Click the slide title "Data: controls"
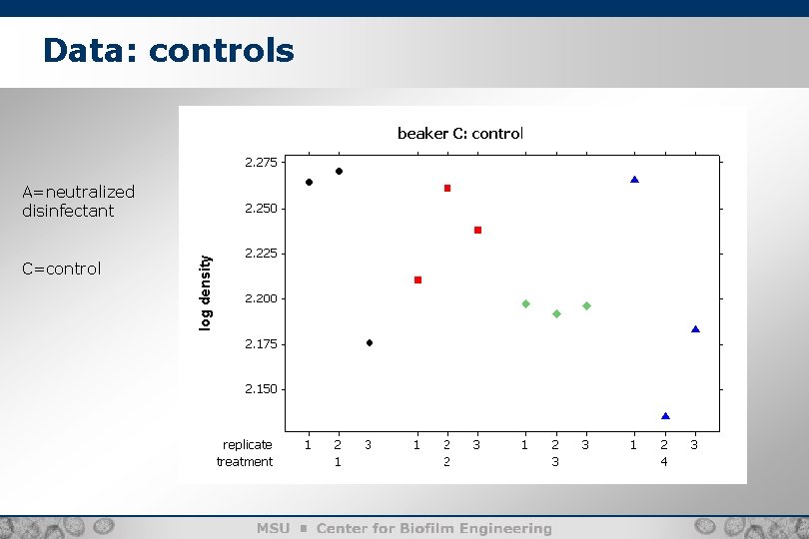pos(169,50)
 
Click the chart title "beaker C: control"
pos(459,133)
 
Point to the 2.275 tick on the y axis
pos(263,161)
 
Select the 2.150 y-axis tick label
pos(263,389)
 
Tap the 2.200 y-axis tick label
pos(263,298)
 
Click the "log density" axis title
pos(205,292)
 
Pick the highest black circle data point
pos(339,171)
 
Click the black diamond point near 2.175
pos(370,342)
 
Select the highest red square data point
pos(447,188)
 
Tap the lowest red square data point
pos(417,279)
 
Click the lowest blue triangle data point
pos(665,415)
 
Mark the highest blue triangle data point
pos(634,180)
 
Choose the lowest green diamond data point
pos(556,313)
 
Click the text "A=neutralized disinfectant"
pos(78,201)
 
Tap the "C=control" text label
pos(62,269)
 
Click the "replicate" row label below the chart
pos(247,444)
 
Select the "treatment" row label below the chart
pos(245,461)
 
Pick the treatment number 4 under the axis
pos(664,461)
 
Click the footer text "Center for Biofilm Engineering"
pos(433,528)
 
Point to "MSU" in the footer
pos(273,528)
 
